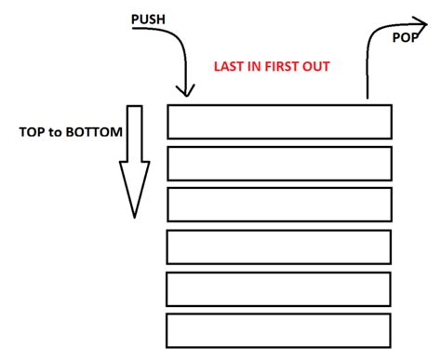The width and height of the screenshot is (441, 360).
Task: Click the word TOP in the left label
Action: pyautogui.click(x=33, y=132)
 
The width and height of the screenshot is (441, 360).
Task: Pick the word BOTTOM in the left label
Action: pyautogui.click(x=95, y=132)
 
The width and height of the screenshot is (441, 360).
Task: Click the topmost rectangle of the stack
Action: pyautogui.click(x=279, y=121)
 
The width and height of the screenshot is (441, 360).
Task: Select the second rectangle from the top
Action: pyautogui.click(x=279, y=162)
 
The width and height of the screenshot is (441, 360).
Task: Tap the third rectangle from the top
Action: pyautogui.click(x=279, y=204)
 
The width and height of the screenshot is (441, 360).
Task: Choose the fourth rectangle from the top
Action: pyautogui.click(x=279, y=247)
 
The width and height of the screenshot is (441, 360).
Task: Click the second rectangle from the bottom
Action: pyautogui.click(x=279, y=288)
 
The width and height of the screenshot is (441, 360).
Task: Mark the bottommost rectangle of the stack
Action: pyautogui.click(x=279, y=330)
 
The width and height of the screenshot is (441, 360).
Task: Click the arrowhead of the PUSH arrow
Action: pyautogui.click(x=186, y=91)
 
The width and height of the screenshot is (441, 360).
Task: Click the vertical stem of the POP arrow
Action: pyautogui.click(x=368, y=79)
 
